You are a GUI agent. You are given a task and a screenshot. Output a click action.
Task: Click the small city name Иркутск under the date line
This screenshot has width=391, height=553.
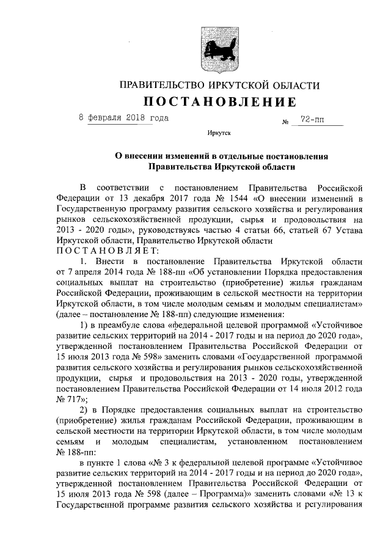pyautogui.click(x=219, y=133)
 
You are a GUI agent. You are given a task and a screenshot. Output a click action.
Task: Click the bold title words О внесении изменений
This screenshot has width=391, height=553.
pyautogui.click(x=161, y=156)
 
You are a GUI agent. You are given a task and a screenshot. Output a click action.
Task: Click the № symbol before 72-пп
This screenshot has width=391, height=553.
pyautogui.click(x=285, y=123)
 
